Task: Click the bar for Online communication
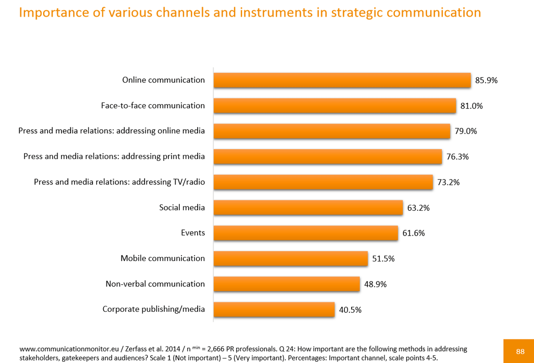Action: click(x=342, y=80)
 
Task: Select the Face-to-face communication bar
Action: click(x=335, y=106)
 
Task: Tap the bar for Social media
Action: click(x=308, y=208)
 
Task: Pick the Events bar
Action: click(x=305, y=233)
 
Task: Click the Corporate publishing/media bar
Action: click(x=274, y=309)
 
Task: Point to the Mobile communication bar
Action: click(x=291, y=258)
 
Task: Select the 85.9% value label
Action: click(x=486, y=81)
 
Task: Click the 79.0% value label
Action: click(x=465, y=131)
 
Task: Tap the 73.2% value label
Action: click(x=448, y=182)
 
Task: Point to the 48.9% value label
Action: click(x=375, y=284)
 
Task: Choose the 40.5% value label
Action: click(x=350, y=310)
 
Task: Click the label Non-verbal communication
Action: click(x=155, y=284)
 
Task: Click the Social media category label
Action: click(x=182, y=208)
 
